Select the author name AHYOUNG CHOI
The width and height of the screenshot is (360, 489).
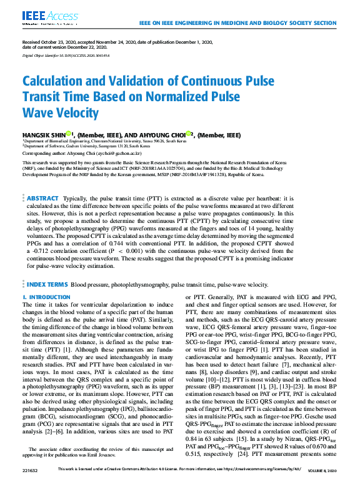[x=165, y=134]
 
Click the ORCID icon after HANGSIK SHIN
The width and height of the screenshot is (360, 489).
[x=72, y=132]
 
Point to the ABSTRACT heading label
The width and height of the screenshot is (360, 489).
[x=43, y=198]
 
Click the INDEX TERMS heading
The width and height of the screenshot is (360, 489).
[x=47, y=284]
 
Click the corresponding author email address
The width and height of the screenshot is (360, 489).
[x=125, y=152]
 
